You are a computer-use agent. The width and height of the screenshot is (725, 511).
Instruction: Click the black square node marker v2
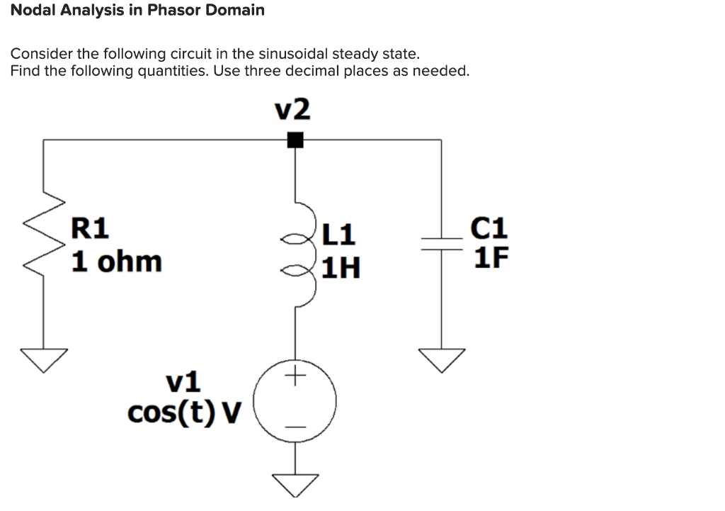tap(295, 140)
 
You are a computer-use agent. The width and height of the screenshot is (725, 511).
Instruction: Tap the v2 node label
tap(292, 110)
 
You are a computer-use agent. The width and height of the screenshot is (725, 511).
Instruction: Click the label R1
tap(91, 228)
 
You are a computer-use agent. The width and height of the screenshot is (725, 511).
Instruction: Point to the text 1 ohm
tap(117, 262)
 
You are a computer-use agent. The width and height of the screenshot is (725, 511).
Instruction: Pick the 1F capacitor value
tap(491, 257)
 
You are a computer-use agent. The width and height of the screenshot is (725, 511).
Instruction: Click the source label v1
tap(183, 382)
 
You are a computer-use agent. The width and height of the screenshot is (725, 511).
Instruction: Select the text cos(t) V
tap(185, 412)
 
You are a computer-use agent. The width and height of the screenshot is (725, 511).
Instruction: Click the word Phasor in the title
tap(173, 11)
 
